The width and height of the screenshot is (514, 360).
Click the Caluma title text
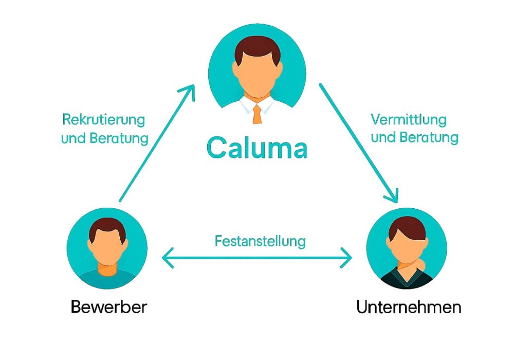click(x=257, y=148)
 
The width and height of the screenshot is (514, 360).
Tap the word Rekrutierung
click(x=103, y=120)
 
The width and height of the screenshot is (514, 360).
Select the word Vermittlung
click(x=409, y=120)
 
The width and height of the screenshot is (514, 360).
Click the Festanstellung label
click(x=260, y=241)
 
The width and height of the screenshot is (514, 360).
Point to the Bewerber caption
click(x=108, y=308)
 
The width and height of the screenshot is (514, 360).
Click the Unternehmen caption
click(x=409, y=308)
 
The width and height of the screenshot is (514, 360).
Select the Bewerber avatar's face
click(x=107, y=247)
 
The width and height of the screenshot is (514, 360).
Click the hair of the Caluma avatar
click(x=257, y=47)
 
